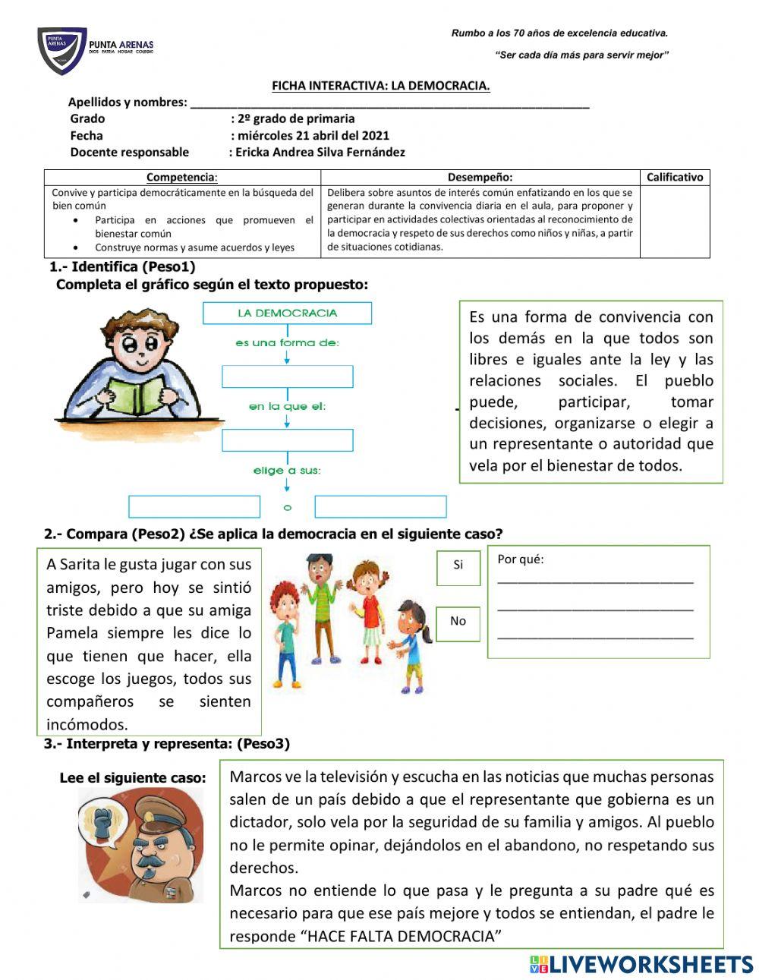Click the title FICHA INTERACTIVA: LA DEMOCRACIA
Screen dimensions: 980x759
(380, 86)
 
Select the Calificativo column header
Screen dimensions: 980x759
(674, 177)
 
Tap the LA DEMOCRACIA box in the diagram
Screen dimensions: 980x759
(287, 313)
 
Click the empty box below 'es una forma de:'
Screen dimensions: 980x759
(287, 377)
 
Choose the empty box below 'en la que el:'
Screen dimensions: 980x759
(287, 440)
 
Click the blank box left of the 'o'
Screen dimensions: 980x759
(194, 506)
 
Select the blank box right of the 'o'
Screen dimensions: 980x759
(380, 506)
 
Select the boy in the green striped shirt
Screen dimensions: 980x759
(323, 607)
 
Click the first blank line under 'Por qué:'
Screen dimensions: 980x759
(595, 580)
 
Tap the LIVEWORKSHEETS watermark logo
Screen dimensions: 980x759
(641, 964)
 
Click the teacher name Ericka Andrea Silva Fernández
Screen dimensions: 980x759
(320, 152)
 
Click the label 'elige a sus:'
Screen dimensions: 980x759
(287, 471)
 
